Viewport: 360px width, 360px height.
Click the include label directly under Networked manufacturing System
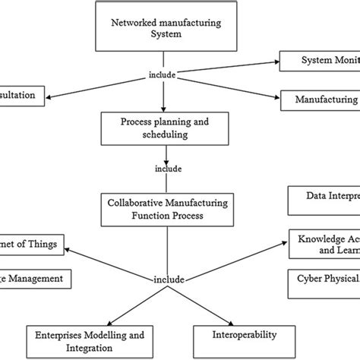click(163, 76)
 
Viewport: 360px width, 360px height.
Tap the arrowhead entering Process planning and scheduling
click(163, 109)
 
